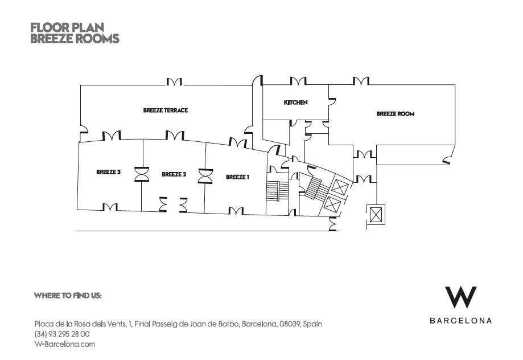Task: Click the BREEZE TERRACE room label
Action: pos(165,111)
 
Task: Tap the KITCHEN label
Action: pos(295,103)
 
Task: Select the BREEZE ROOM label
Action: pos(395,114)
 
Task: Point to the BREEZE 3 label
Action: pos(108,172)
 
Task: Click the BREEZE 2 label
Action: pos(174,174)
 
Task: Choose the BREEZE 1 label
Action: pos(237,177)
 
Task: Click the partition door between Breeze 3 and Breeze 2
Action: pos(141,174)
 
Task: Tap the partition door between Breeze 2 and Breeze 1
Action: pos(205,176)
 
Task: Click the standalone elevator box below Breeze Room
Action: pos(375,215)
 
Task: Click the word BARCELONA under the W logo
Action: pos(460,321)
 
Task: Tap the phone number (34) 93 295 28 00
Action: pos(62,334)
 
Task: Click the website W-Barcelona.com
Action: pos(64,344)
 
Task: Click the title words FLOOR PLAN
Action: pos(67,27)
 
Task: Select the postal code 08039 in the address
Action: pos(289,324)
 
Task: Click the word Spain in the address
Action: pos(312,324)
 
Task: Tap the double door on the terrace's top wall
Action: pos(174,83)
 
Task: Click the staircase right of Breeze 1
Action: pos(275,191)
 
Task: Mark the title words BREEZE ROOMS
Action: pos(75,39)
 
